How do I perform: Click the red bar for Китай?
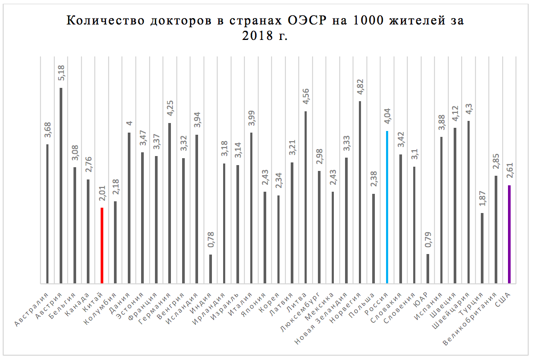point(102,246)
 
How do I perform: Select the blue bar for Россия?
point(387,207)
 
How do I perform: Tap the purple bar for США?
point(510,234)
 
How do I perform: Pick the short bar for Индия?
point(210,269)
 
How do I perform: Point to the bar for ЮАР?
point(428,269)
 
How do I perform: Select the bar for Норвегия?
point(360,192)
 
